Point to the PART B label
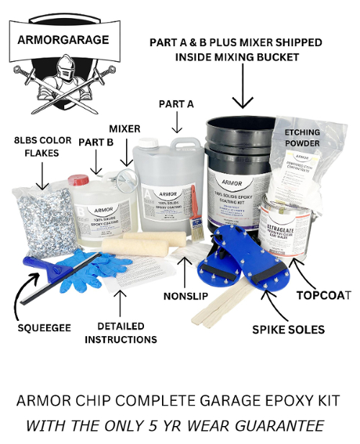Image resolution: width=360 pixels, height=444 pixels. (x=96, y=142)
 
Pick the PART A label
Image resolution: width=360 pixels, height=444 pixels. (x=176, y=104)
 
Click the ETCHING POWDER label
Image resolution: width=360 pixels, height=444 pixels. (x=302, y=137)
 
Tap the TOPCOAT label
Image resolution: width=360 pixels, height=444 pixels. (x=323, y=294)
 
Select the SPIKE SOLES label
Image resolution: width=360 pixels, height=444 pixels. (x=288, y=330)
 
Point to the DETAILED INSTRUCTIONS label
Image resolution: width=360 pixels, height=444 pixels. (x=120, y=332)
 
